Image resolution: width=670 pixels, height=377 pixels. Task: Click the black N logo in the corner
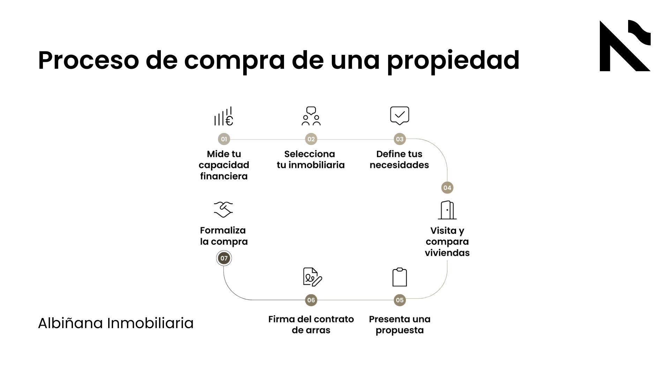pyautogui.click(x=625, y=46)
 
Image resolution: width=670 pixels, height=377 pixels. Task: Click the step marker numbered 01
pyautogui.click(x=224, y=139)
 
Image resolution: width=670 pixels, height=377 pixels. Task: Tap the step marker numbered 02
pyautogui.click(x=311, y=139)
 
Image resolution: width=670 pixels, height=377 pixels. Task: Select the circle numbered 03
pyautogui.click(x=400, y=139)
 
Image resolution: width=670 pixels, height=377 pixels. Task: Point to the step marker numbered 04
pyautogui.click(x=447, y=188)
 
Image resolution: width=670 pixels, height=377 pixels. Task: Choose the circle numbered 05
pyautogui.click(x=400, y=300)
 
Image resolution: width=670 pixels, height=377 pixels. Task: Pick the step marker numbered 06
pyautogui.click(x=311, y=300)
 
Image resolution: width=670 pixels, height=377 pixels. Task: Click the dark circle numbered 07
pyautogui.click(x=224, y=258)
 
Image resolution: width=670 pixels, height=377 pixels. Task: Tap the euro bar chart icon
pyautogui.click(x=224, y=116)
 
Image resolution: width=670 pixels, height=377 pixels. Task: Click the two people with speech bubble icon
pyautogui.click(x=311, y=116)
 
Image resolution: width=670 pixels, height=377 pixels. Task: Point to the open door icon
pyautogui.click(x=447, y=210)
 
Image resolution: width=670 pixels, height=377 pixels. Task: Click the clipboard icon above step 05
pyautogui.click(x=400, y=277)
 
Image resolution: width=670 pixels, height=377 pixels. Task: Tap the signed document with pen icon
pyautogui.click(x=312, y=277)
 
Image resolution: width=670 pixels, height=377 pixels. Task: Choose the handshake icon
pyautogui.click(x=223, y=209)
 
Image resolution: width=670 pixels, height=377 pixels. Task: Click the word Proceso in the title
pyautogui.click(x=89, y=60)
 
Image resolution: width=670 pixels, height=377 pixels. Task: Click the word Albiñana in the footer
pyautogui.click(x=70, y=323)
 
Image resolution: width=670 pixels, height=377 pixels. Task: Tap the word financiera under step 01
pyautogui.click(x=224, y=176)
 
